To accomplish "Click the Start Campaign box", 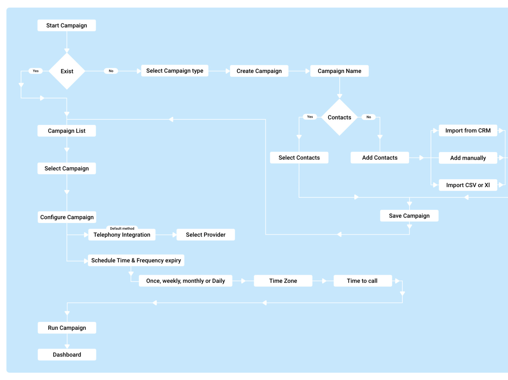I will tap(67, 25).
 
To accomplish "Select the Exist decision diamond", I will tap(67, 71).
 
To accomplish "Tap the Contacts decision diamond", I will tap(339, 117).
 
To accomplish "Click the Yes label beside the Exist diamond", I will tap(36, 71).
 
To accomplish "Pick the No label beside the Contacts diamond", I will tap(369, 117).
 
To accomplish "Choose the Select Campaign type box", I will tap(175, 71).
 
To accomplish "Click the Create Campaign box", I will tap(259, 71).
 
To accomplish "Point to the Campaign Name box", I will tap(339, 71).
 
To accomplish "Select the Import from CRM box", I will tap(468, 130).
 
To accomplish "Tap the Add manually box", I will tap(468, 158).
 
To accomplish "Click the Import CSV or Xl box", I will tap(468, 185).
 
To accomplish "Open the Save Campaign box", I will tap(409, 216).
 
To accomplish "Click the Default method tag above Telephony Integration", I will tap(122, 228).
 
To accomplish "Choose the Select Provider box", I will tap(205, 235).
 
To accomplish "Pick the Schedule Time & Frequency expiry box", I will tap(136, 260).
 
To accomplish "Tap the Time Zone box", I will tap(283, 281).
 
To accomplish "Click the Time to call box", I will tap(362, 281).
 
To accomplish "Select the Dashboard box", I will tap(67, 355).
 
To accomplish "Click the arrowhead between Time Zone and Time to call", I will tap(324, 281).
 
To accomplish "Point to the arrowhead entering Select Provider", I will tap(174, 235).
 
